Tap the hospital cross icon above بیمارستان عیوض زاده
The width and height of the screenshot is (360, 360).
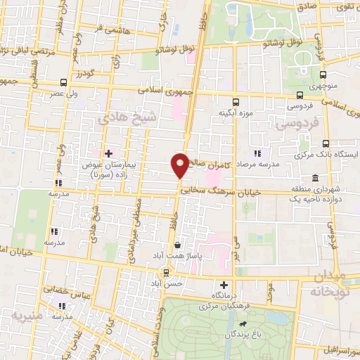[x=108, y=153]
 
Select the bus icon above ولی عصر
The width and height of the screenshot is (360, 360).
[x=64, y=82]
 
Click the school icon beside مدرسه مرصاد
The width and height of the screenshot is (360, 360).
[x=257, y=153]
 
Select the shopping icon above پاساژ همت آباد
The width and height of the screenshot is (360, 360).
[x=177, y=245]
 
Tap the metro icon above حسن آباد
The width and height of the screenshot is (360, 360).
[x=166, y=273]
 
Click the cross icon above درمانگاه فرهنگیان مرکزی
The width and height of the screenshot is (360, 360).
[x=224, y=285]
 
